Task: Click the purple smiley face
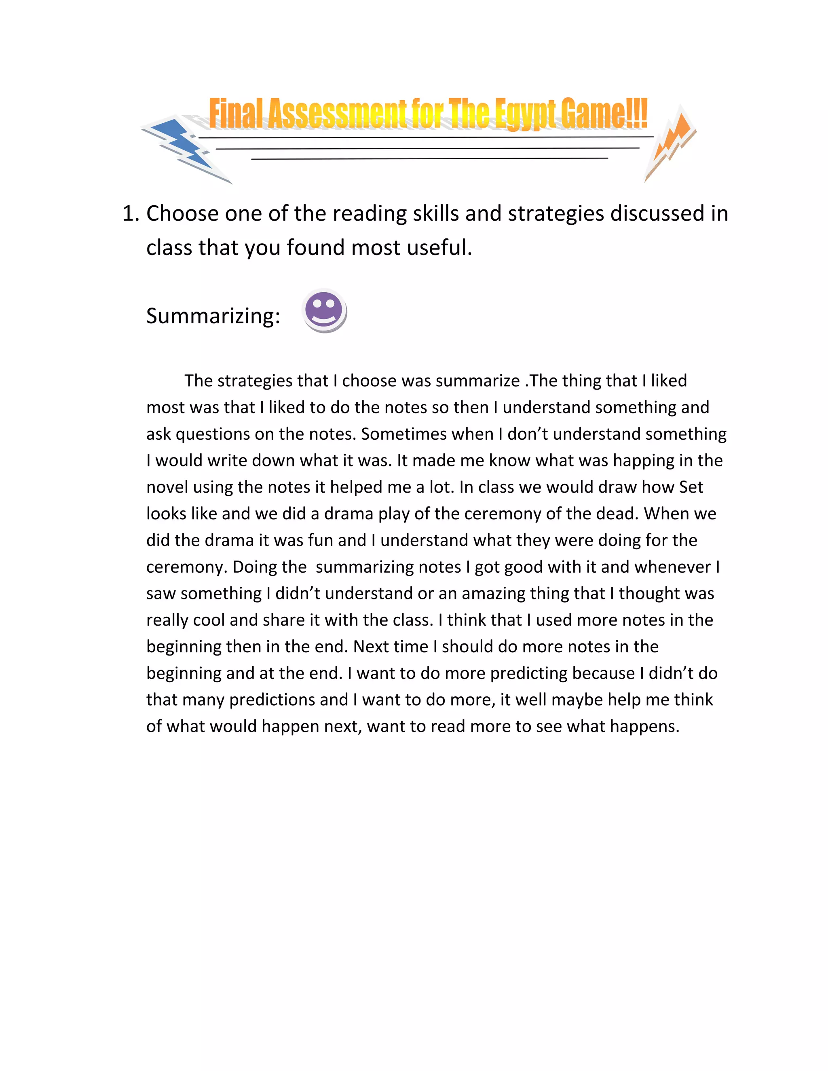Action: [x=324, y=310]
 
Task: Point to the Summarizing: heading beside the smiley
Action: [x=213, y=316]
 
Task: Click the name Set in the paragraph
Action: [x=691, y=487]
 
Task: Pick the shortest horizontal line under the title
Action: [x=429, y=158]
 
